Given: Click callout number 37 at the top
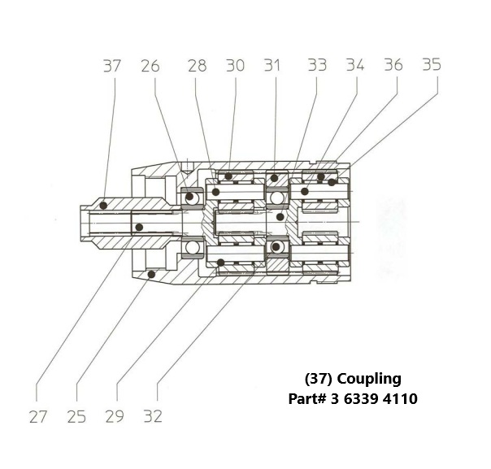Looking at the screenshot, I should [112, 66].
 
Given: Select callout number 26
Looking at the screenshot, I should [150, 66].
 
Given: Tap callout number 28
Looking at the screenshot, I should [197, 66].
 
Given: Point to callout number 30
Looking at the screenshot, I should [235, 66].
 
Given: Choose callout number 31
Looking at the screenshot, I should [272, 66].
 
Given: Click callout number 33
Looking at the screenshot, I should [317, 66].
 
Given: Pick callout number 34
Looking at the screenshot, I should [354, 66].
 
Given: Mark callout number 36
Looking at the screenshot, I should [393, 66].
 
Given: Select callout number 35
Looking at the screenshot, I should [430, 66].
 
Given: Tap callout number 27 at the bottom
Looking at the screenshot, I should [38, 417].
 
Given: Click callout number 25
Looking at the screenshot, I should [76, 417].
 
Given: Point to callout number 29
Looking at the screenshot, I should [115, 417].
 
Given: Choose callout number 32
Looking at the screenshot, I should [152, 417].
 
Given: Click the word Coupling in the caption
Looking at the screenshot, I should [369, 379].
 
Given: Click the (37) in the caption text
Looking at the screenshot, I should [319, 379].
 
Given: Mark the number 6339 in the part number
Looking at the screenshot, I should [362, 399].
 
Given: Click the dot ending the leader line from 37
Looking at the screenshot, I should [103, 206].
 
